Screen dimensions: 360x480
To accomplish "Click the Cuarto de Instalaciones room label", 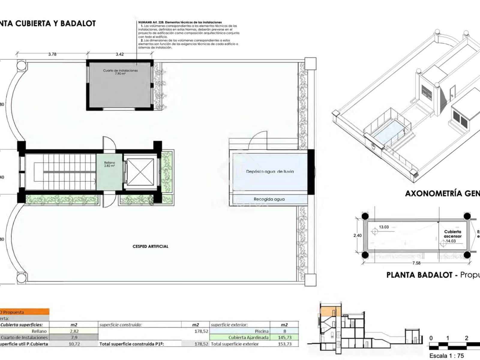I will click(x=120, y=71).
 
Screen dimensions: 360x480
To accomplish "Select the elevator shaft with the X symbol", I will click(x=140, y=172).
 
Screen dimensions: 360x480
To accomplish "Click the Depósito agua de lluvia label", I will click(x=270, y=172).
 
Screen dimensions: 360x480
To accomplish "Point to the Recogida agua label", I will click(x=269, y=199).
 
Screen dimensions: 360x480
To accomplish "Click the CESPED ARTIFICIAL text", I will click(x=150, y=246).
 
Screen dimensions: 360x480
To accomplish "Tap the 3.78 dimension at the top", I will click(x=52, y=54).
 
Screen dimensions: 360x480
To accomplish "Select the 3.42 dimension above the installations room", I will click(x=119, y=54).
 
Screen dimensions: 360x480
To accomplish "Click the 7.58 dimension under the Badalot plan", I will click(x=416, y=263).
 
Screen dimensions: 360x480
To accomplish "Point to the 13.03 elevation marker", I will click(x=383, y=227).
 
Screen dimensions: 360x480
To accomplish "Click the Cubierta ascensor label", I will click(x=453, y=234).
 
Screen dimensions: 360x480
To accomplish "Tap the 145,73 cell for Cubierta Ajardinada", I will click(x=284, y=337).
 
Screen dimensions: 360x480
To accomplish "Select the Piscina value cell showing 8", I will click(x=284, y=331).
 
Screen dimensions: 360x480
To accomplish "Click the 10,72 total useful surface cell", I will click(x=74, y=344).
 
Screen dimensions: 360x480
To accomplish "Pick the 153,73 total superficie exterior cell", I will click(x=284, y=344).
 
